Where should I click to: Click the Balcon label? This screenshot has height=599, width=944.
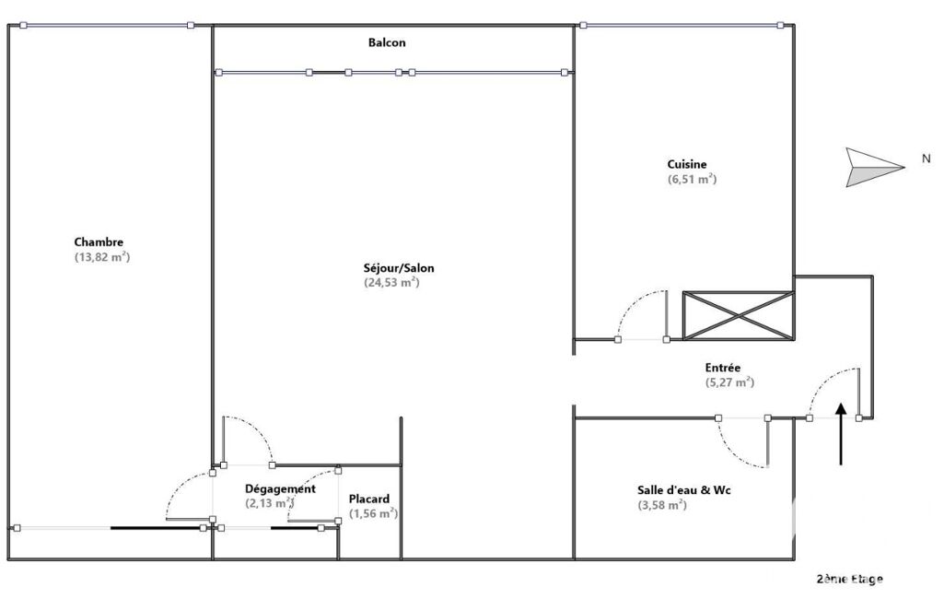coord(387,42)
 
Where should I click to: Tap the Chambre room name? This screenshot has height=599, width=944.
coord(99,242)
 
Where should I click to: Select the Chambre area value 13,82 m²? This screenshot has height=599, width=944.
coord(102,257)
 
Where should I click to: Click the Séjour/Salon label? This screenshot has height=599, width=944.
coord(399,268)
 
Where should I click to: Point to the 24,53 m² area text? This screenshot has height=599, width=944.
coord(391,283)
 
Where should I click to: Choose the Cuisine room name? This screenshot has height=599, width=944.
coord(687,164)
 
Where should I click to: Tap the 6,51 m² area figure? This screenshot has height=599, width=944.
coord(692,179)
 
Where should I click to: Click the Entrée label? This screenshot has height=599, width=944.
coord(723,368)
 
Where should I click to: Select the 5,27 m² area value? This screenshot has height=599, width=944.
coord(729,382)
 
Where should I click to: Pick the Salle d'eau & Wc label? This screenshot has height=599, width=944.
coord(684,490)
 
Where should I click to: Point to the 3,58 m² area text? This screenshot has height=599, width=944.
coord(662,505)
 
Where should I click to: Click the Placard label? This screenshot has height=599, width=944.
coord(369,499)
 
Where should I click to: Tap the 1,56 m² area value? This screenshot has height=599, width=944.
coord(374,513)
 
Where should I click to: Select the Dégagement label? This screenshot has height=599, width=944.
coord(280,488)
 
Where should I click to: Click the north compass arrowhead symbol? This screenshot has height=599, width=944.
coord(875,167)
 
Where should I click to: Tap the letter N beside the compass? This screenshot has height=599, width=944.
coord(926,159)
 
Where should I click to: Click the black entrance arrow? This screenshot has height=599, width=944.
coord(841,434)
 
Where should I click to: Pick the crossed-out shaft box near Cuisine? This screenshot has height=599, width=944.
coord(738,315)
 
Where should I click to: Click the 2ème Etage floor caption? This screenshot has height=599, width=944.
coord(849,579)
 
